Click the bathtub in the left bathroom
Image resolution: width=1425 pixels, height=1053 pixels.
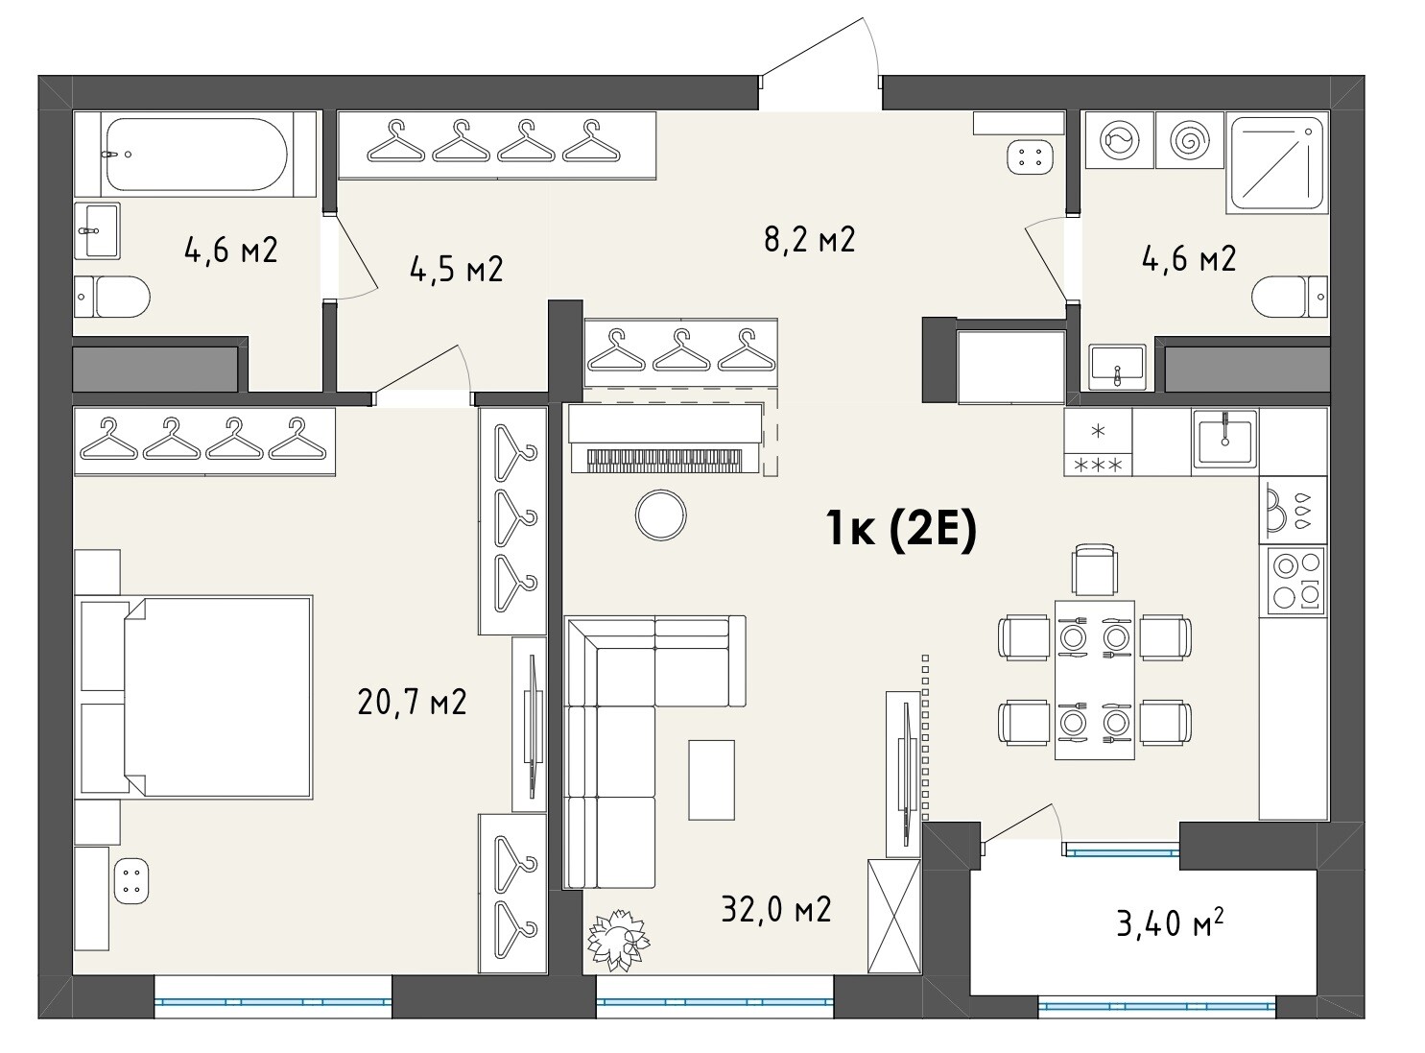pos(196,154)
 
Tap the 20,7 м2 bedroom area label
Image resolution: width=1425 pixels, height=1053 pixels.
pos(412,702)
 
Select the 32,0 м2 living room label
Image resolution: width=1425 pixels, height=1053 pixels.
pos(776,910)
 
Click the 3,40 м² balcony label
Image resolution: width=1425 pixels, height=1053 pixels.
pos(1170,923)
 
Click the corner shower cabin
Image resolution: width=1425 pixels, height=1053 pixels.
pos(1276,163)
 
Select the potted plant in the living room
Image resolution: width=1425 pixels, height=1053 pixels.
pos(618,940)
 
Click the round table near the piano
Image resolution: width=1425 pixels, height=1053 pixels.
pos(660,515)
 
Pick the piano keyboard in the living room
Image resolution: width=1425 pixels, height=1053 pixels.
pos(664,461)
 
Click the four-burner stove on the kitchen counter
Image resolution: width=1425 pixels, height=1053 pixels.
pos(1295,581)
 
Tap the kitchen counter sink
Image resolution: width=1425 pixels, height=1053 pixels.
pos(1223,439)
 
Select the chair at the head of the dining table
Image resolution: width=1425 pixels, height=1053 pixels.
pos(1095,569)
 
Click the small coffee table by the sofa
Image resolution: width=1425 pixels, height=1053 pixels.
pos(711,779)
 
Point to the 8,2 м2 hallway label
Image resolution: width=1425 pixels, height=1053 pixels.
pos(809,240)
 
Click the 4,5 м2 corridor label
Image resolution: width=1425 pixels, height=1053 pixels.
pos(456,269)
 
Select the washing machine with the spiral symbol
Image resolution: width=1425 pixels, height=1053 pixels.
pos(1189,140)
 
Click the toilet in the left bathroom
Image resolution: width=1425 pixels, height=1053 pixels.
pos(111,297)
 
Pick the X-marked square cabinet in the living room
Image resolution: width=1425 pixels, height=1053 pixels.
pos(893,916)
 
